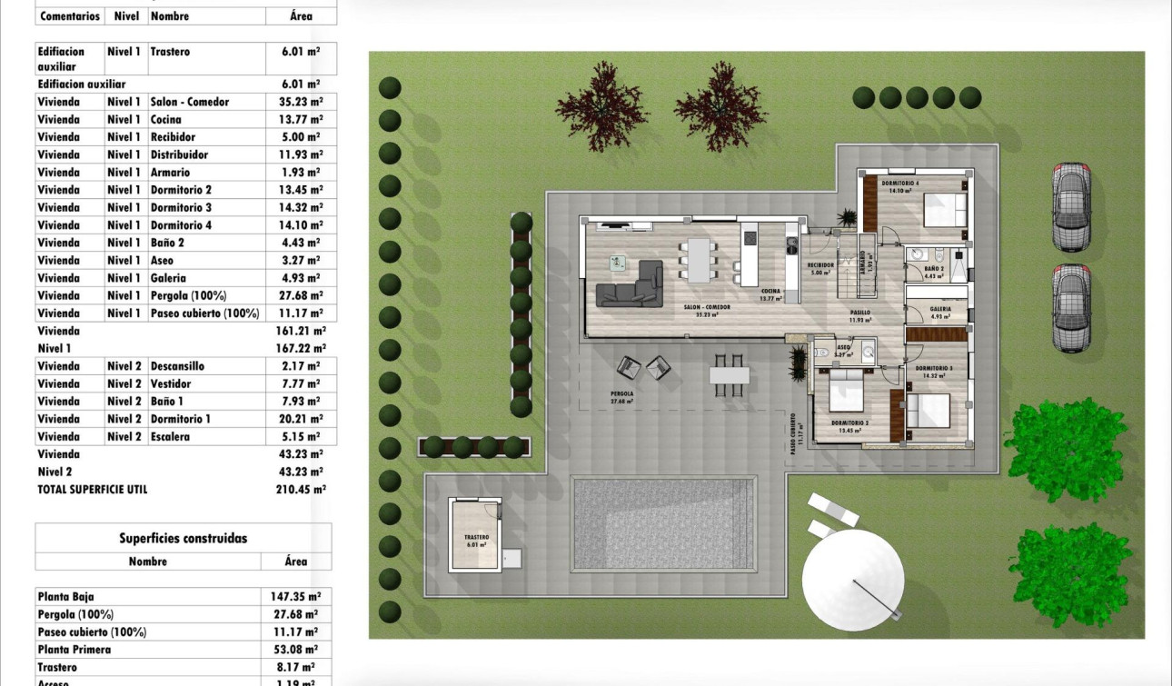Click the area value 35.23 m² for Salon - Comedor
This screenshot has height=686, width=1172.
(300, 102)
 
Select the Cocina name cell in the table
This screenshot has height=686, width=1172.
(166, 119)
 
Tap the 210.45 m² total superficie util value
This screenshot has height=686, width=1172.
(300, 489)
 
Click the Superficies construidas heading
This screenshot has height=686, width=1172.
(183, 538)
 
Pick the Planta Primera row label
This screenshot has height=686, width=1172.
(74, 650)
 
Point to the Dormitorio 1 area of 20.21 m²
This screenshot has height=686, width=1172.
(300, 419)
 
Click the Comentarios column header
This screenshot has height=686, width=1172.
(70, 16)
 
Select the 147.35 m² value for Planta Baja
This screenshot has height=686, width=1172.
(296, 597)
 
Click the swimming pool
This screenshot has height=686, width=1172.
(663, 524)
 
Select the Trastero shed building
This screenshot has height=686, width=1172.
(475, 535)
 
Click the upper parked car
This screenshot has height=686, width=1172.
(1070, 207)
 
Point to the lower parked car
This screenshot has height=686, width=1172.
(1070, 307)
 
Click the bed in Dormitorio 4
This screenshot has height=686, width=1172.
(945, 210)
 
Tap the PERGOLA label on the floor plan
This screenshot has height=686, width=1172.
(622, 394)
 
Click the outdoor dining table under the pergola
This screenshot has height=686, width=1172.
(730, 374)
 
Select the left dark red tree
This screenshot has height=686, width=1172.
(601, 106)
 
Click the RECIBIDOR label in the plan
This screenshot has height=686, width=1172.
(820, 264)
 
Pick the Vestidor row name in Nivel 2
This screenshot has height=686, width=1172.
(171, 383)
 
